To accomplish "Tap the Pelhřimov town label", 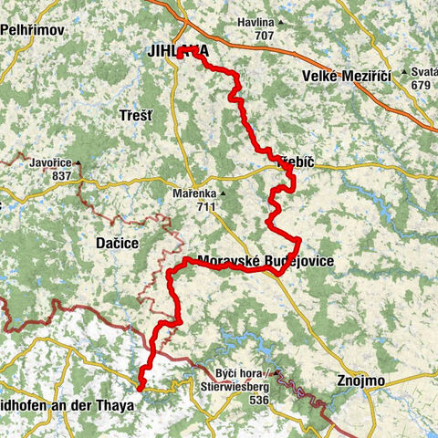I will tap(30, 30).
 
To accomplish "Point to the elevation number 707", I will tap(265, 36).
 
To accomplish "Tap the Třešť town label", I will tap(136, 116).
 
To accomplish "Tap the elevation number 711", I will tap(205, 206).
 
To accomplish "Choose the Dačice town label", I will tap(116, 245).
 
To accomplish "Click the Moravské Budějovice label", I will tap(265, 262).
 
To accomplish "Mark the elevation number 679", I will tap(421, 85).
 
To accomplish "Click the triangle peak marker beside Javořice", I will tap(78, 164).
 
